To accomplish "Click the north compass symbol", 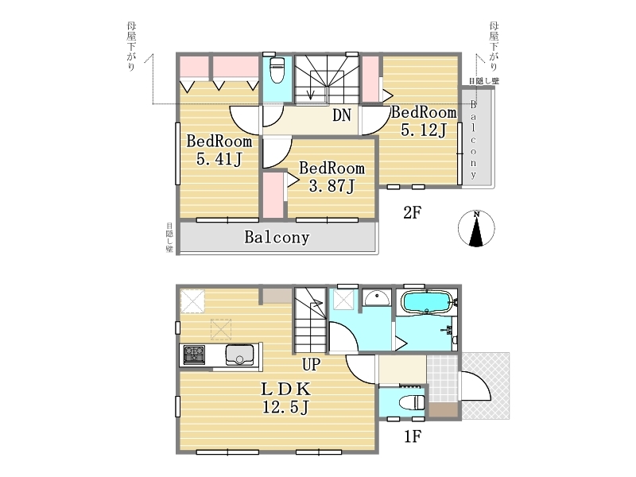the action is (x=476, y=228).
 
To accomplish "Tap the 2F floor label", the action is (x=412, y=212).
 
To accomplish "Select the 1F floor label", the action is (x=412, y=436).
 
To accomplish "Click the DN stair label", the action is (x=342, y=115).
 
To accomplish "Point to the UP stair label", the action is (x=311, y=364).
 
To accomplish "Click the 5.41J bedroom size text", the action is (x=219, y=159).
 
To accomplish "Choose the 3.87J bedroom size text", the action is (x=332, y=186).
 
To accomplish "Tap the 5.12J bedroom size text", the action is (x=424, y=130).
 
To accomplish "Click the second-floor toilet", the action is (x=277, y=69).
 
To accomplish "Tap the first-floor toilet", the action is (x=411, y=403).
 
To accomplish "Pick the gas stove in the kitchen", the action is (x=194, y=355).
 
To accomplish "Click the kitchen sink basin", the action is (x=240, y=355).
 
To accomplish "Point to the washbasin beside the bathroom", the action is (x=377, y=298).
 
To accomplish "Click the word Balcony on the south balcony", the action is (x=277, y=237).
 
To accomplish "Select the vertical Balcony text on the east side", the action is (x=473, y=140).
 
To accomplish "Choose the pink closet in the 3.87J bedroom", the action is (x=273, y=196).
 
